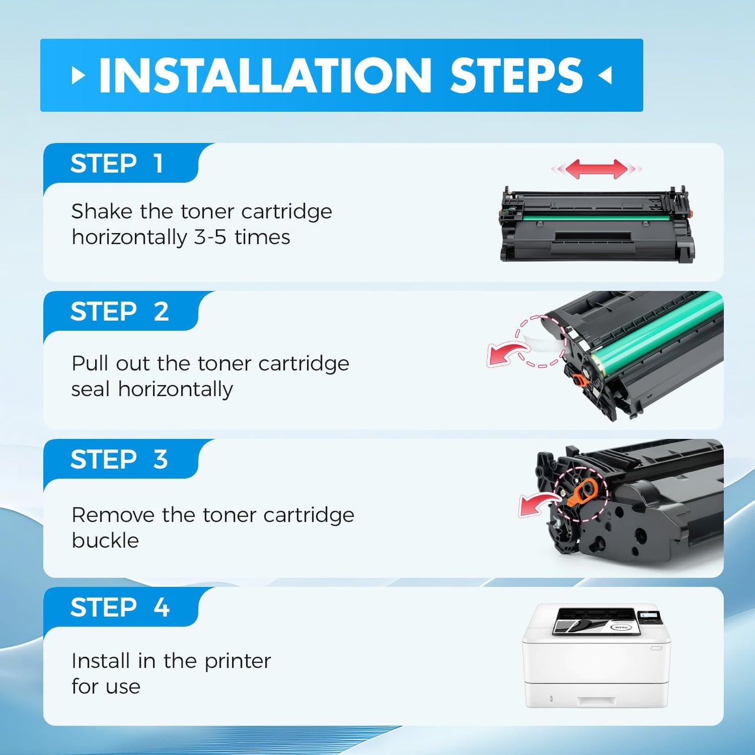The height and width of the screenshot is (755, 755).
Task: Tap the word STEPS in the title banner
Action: pos(516,76)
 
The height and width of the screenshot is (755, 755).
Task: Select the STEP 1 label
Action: pos(117,164)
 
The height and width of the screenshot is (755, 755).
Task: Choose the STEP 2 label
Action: pos(120,311)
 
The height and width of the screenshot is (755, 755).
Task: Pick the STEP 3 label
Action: pos(119,459)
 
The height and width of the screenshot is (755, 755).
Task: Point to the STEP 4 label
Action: pos(120,607)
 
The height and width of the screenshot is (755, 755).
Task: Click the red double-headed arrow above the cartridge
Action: pos(596,169)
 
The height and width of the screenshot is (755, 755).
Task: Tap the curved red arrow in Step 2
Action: pos(505,354)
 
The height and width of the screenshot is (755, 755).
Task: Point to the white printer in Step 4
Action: pos(596,656)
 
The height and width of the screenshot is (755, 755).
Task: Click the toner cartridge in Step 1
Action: pos(596,225)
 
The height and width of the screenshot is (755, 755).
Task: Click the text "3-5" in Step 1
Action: pos(210,237)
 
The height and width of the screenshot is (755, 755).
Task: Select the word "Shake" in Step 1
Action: pos(101,212)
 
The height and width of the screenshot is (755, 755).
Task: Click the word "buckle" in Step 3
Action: pos(105,541)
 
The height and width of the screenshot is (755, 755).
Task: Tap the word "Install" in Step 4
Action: pos(100,661)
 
